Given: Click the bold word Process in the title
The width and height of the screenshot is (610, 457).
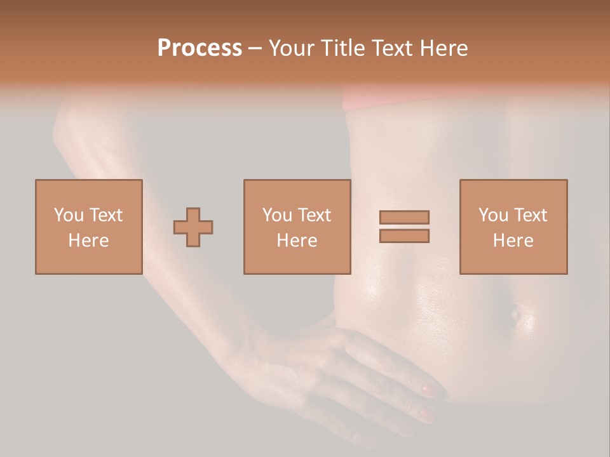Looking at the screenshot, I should coord(200,48).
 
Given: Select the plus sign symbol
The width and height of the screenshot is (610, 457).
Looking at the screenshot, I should coord(193,227).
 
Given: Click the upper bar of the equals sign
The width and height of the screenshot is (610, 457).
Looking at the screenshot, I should coord(404,217).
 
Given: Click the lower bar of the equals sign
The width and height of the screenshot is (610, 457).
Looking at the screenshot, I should coord(404,236).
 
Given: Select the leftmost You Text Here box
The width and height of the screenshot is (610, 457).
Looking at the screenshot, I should coord(88,227).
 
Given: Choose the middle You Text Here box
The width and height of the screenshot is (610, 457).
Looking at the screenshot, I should coord(297,227).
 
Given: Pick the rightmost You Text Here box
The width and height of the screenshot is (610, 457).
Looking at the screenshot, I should coord(513,227).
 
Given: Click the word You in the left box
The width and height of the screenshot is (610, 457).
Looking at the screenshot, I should coord(68,215).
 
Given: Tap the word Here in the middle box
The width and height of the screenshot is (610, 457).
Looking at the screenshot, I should coord(297,241).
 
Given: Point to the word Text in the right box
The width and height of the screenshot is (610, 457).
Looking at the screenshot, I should coord(529,215).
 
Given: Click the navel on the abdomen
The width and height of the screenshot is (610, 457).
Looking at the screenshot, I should coord(515,313).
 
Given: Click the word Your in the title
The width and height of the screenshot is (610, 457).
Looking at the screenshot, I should coord(293,48).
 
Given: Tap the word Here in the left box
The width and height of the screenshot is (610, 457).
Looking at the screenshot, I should coord(88,241).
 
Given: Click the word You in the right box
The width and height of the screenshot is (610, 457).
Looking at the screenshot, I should coord(492,215).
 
